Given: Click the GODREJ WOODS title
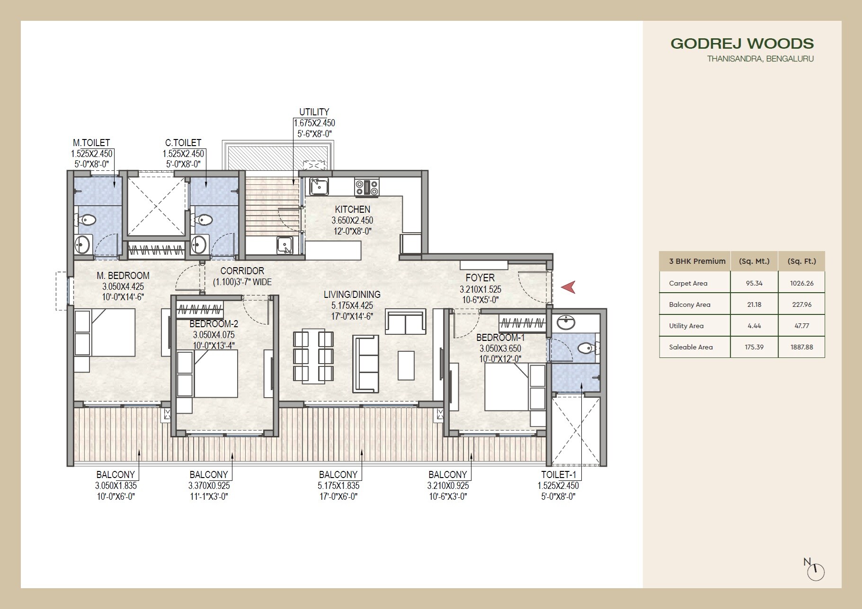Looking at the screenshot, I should (742, 43).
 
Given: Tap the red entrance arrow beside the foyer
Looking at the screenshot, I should (569, 287).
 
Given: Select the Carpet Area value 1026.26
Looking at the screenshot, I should (801, 283).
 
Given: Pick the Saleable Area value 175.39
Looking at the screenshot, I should (754, 347).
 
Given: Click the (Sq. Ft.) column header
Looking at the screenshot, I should (801, 261).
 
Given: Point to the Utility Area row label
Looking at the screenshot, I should (686, 326).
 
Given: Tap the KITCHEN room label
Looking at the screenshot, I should (352, 209).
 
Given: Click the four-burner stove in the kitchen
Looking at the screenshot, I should (367, 187).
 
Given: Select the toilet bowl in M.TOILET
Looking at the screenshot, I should (87, 220).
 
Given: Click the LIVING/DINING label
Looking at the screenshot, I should (352, 295).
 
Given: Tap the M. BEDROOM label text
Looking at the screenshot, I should (123, 276).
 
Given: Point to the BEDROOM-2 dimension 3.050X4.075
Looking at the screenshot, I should (213, 335).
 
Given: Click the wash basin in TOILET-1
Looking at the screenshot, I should (566, 323).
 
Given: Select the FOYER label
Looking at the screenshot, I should (480, 278).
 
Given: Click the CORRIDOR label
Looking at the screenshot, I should (242, 271).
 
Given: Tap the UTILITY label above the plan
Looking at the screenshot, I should (314, 112).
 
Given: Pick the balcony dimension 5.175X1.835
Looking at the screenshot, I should (338, 486).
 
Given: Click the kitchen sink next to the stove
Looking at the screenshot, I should (319, 187).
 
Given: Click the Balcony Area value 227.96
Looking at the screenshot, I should (801, 304).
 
